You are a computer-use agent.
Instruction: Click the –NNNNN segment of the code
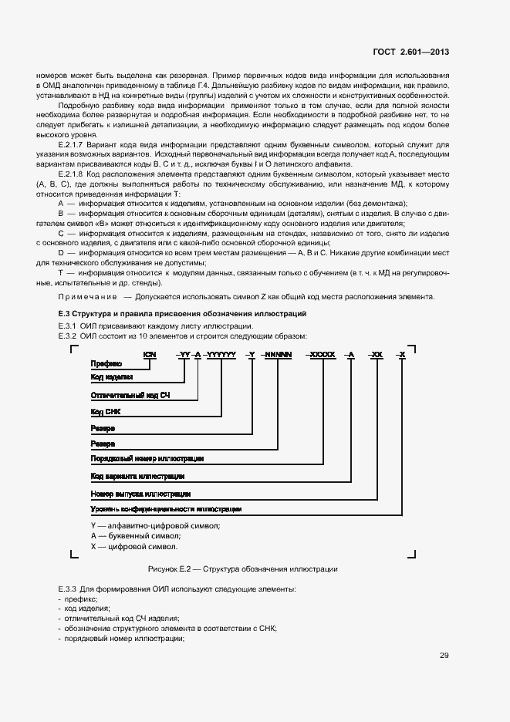(x=277, y=353)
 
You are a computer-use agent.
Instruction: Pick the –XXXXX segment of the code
(x=321, y=353)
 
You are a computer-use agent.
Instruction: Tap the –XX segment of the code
(x=376, y=353)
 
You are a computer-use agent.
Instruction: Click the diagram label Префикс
(x=106, y=363)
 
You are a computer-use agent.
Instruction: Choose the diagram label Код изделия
(x=112, y=377)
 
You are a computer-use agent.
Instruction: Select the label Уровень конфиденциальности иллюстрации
(x=166, y=510)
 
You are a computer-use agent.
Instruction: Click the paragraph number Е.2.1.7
(x=71, y=144)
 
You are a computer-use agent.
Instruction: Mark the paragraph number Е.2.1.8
(x=71, y=175)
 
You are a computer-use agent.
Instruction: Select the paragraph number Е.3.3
(x=66, y=589)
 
